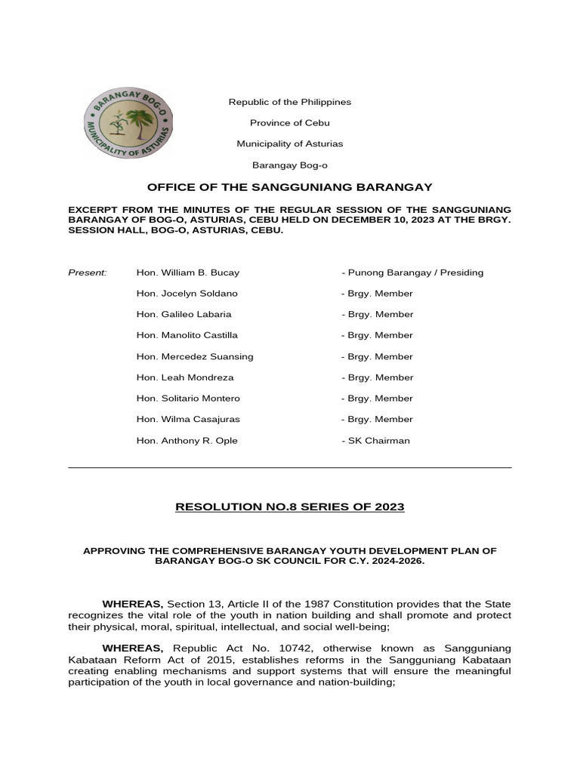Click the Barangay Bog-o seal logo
click(x=127, y=123)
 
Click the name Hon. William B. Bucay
click(x=187, y=273)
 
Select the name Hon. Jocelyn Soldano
click(x=187, y=294)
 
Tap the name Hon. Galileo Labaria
click(x=184, y=314)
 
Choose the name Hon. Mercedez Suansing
click(x=195, y=356)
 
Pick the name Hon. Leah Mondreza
click(x=185, y=377)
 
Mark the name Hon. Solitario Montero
click(x=188, y=398)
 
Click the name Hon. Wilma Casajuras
click(x=188, y=419)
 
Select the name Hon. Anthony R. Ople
click(x=187, y=440)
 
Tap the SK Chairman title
click(x=378, y=440)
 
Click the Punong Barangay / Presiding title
click(x=412, y=273)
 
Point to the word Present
click(x=88, y=273)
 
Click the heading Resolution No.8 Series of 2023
click(x=290, y=507)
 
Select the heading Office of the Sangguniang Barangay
click(x=290, y=186)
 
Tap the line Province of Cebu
click(x=290, y=122)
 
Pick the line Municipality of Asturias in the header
click(x=290, y=143)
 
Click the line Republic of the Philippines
click(x=290, y=102)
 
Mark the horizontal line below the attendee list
click(x=290, y=468)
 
